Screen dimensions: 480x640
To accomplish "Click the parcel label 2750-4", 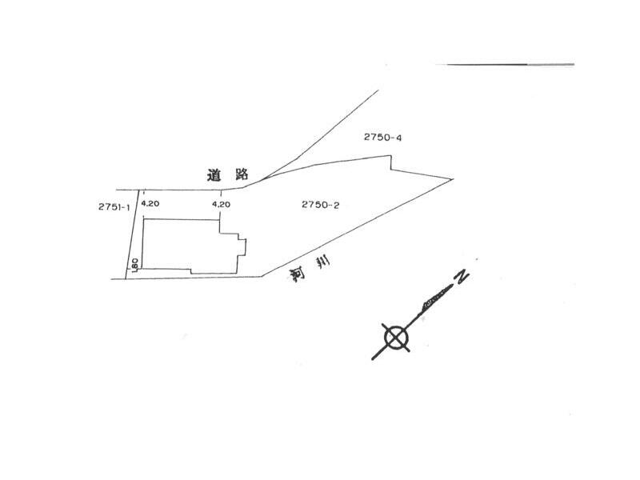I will click(382, 138).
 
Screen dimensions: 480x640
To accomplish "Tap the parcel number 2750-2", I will click(321, 205).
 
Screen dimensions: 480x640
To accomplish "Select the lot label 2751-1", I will click(114, 206).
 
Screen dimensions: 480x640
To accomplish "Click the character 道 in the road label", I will click(213, 174).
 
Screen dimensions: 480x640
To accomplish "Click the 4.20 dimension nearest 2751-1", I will click(150, 204).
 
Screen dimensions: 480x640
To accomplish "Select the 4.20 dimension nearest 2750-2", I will click(222, 204).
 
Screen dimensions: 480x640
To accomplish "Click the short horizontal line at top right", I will click(510, 64).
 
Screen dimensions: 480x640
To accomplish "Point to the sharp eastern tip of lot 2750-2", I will click(453, 179).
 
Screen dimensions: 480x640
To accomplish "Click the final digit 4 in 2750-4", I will click(398, 138).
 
